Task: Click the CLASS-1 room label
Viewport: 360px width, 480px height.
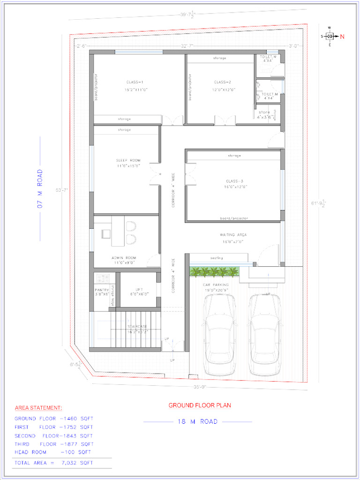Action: [x=135, y=82]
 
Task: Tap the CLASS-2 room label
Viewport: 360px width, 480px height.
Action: [x=223, y=82]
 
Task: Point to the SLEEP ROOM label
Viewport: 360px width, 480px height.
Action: [x=128, y=160]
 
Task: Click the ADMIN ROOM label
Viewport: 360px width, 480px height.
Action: [x=124, y=258]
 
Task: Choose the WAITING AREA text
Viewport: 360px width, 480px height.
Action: [x=233, y=234]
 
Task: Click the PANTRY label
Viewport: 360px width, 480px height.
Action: [x=102, y=290]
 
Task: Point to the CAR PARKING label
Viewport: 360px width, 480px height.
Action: [x=216, y=285]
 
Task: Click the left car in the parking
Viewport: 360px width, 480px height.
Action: [x=219, y=334]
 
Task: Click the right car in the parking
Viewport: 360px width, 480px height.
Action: [x=265, y=334]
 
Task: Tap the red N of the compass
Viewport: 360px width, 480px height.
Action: [x=342, y=36]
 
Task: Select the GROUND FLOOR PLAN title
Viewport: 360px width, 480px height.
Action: [x=199, y=405]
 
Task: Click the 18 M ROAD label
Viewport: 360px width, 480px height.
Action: [x=197, y=421]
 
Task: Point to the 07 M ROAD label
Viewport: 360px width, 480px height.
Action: [x=40, y=188]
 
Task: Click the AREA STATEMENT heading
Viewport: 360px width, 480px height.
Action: [x=38, y=408]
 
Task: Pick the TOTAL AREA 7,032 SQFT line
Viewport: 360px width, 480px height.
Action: [x=53, y=463]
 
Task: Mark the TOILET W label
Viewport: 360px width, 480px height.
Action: [x=269, y=57]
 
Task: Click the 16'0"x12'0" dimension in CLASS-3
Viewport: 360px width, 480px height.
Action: [x=235, y=187]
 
